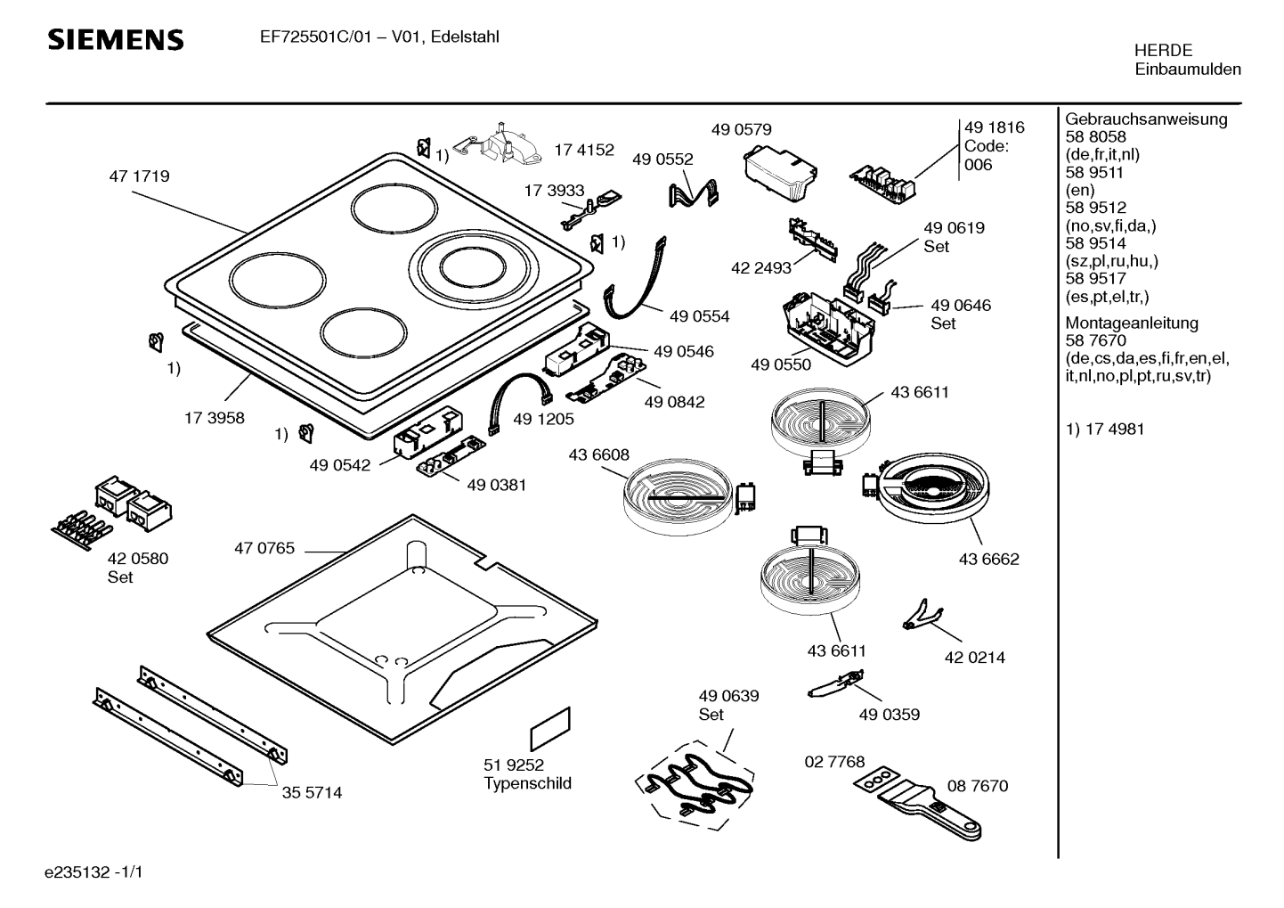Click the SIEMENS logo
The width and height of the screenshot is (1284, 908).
pyautogui.click(x=116, y=40)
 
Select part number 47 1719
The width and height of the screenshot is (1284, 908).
pyautogui.click(x=139, y=176)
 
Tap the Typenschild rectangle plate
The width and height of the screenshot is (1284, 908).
pyautogui.click(x=550, y=730)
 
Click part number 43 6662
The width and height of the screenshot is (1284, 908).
pyautogui.click(x=988, y=560)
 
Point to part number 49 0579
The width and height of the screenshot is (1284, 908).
pyautogui.click(x=741, y=130)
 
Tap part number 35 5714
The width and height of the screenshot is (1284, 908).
pyautogui.click(x=312, y=792)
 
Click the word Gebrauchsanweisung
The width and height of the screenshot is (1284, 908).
pyautogui.click(x=1146, y=119)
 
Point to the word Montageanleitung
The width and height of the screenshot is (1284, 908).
pyautogui.click(x=1132, y=323)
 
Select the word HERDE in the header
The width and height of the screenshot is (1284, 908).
pyautogui.click(x=1163, y=51)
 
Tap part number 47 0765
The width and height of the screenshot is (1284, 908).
pyautogui.click(x=264, y=549)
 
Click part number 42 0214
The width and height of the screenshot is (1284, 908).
pyautogui.click(x=974, y=658)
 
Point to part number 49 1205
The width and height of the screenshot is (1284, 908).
pyautogui.click(x=543, y=419)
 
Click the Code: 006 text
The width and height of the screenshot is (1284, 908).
pyautogui.click(x=986, y=156)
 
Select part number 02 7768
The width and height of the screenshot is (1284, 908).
pyautogui.click(x=834, y=762)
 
